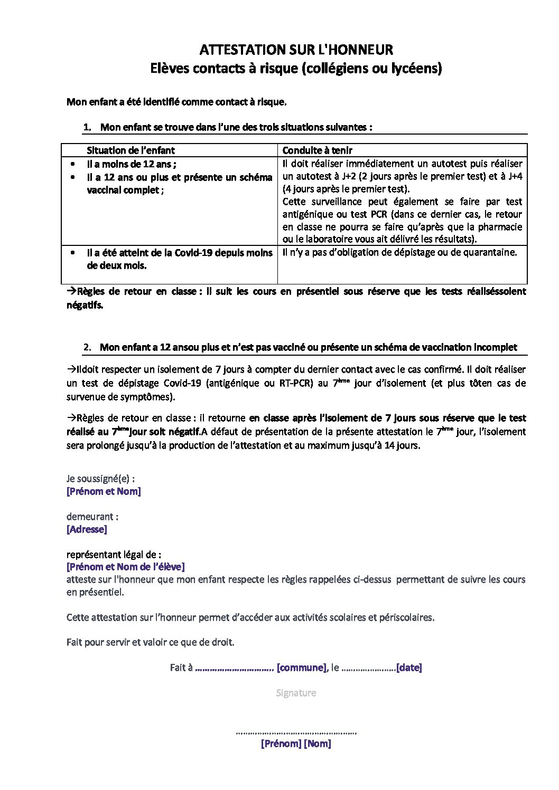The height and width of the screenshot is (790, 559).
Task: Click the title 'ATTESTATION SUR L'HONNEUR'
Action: click(296, 50)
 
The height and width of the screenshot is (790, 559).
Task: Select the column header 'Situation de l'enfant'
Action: click(131, 150)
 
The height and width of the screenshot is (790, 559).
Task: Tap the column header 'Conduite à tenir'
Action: click(318, 150)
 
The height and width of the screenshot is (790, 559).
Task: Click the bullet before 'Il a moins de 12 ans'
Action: click(72, 164)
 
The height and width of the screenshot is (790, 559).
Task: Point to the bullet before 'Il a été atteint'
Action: click(72, 253)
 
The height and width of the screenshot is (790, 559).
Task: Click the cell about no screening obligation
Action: click(399, 252)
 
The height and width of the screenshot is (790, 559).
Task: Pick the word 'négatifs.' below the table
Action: click(85, 304)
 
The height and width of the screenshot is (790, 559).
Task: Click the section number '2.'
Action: click(88, 347)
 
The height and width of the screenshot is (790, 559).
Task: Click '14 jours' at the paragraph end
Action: click(404, 445)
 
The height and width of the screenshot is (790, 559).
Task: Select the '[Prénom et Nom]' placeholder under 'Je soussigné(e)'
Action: click(104, 491)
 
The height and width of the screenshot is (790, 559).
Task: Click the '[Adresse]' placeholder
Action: click(87, 529)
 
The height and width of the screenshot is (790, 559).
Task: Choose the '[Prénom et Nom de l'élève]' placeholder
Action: click(125, 567)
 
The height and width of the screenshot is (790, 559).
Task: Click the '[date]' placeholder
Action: click(409, 668)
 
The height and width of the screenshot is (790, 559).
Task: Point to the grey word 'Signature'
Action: click(296, 693)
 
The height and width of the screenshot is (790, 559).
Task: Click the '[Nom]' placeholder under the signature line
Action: click(318, 744)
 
